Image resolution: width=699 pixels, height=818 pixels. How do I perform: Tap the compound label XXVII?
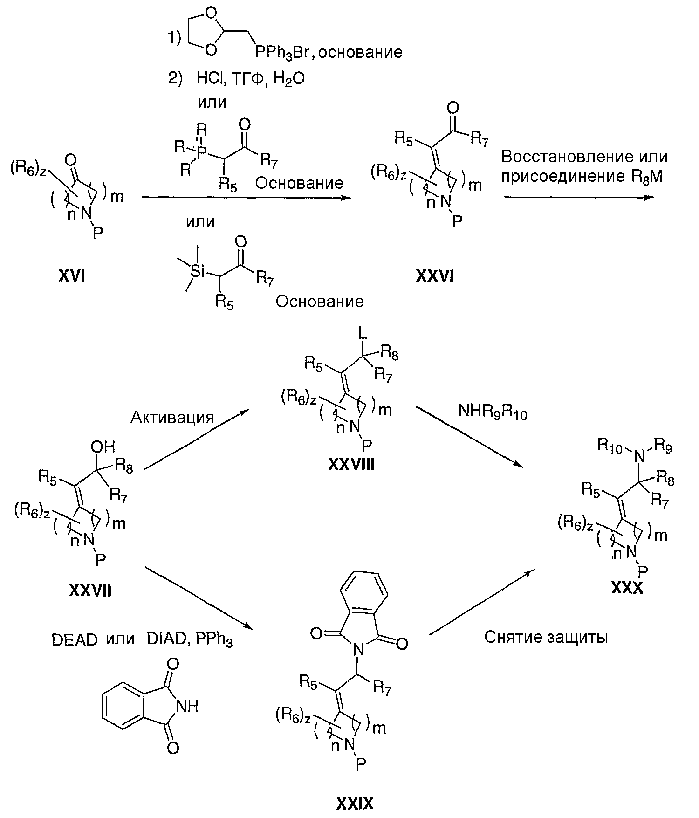[90, 591]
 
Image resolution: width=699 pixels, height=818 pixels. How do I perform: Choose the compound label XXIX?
[355, 803]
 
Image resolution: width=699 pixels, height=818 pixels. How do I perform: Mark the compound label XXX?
[627, 589]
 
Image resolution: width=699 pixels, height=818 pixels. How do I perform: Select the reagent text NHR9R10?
[493, 412]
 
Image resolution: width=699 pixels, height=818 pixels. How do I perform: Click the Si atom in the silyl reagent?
[198, 270]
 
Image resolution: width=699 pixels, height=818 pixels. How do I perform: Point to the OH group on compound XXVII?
[103, 447]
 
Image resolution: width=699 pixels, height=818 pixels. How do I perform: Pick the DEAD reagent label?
[75, 640]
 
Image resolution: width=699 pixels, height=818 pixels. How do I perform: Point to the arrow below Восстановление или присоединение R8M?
[578, 197]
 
